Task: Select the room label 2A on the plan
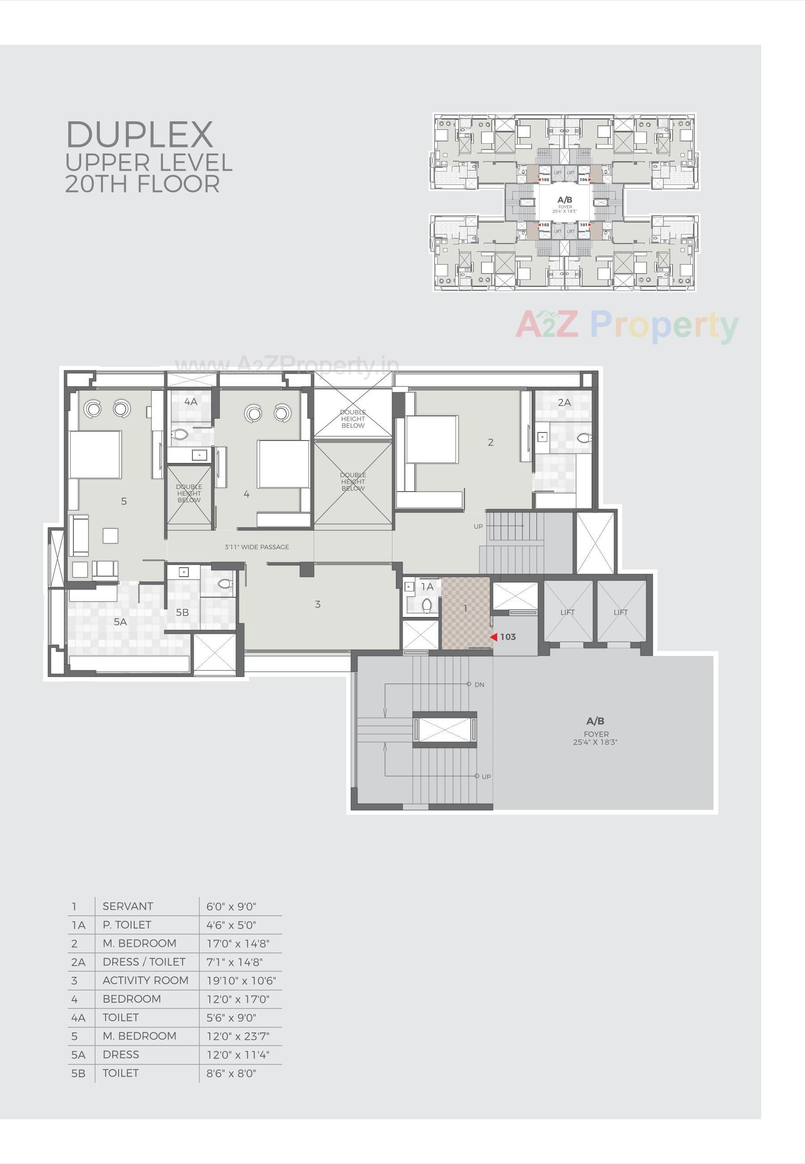pos(564,402)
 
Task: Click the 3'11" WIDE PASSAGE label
pos(257,547)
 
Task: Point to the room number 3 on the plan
pos(317,604)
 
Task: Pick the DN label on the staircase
pos(479,685)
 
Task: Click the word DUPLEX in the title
pos(140,135)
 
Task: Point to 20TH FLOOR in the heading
pos(143,184)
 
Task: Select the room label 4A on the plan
pos(191,402)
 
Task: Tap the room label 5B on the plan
pos(182,612)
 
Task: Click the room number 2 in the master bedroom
pos(490,442)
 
